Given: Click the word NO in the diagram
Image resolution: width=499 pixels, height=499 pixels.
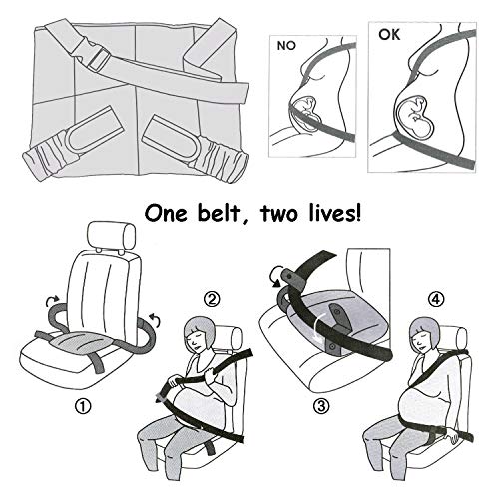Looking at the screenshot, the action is point(286,46).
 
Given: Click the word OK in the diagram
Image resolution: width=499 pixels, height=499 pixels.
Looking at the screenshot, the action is point(389,35).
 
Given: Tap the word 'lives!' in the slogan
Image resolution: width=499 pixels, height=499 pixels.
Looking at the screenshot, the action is point(334,213).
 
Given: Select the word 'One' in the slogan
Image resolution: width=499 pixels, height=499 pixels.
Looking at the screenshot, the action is point(166,214).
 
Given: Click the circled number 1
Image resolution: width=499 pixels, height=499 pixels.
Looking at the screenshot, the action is point(83,406).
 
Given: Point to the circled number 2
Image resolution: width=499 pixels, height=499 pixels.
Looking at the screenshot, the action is point(212,300).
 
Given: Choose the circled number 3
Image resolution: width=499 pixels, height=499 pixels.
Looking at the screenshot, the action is point(321,406).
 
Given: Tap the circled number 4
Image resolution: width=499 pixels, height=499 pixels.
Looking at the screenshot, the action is point(436,300).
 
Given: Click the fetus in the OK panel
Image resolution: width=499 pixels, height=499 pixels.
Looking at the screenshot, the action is point(415,116).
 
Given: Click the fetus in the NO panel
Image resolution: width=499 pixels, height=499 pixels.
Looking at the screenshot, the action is point(306,112).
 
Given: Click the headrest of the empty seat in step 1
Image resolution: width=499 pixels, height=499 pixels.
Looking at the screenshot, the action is point(111,236).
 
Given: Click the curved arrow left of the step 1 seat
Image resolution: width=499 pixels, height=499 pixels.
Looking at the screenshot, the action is point(53,300).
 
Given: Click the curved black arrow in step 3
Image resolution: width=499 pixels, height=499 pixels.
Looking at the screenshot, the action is point(276,275).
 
